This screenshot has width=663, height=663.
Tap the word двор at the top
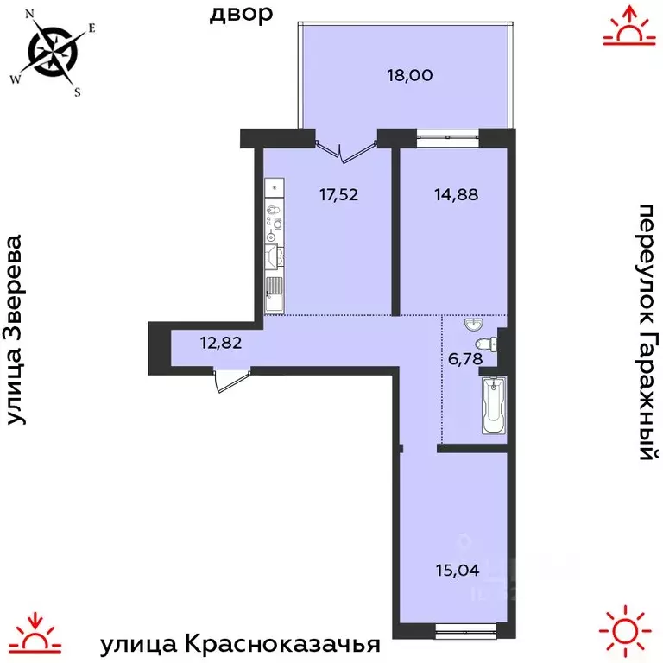point(241,14)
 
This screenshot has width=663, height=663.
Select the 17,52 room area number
point(338,194)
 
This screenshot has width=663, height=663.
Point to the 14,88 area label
point(456,194)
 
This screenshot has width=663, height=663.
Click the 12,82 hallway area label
point(221,341)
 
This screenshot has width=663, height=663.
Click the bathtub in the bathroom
point(493,405)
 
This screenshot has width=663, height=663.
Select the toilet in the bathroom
point(490,344)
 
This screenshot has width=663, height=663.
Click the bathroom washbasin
point(473,325)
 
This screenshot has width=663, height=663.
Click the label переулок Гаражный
point(646,331)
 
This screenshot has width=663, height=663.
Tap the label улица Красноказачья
point(241,644)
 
